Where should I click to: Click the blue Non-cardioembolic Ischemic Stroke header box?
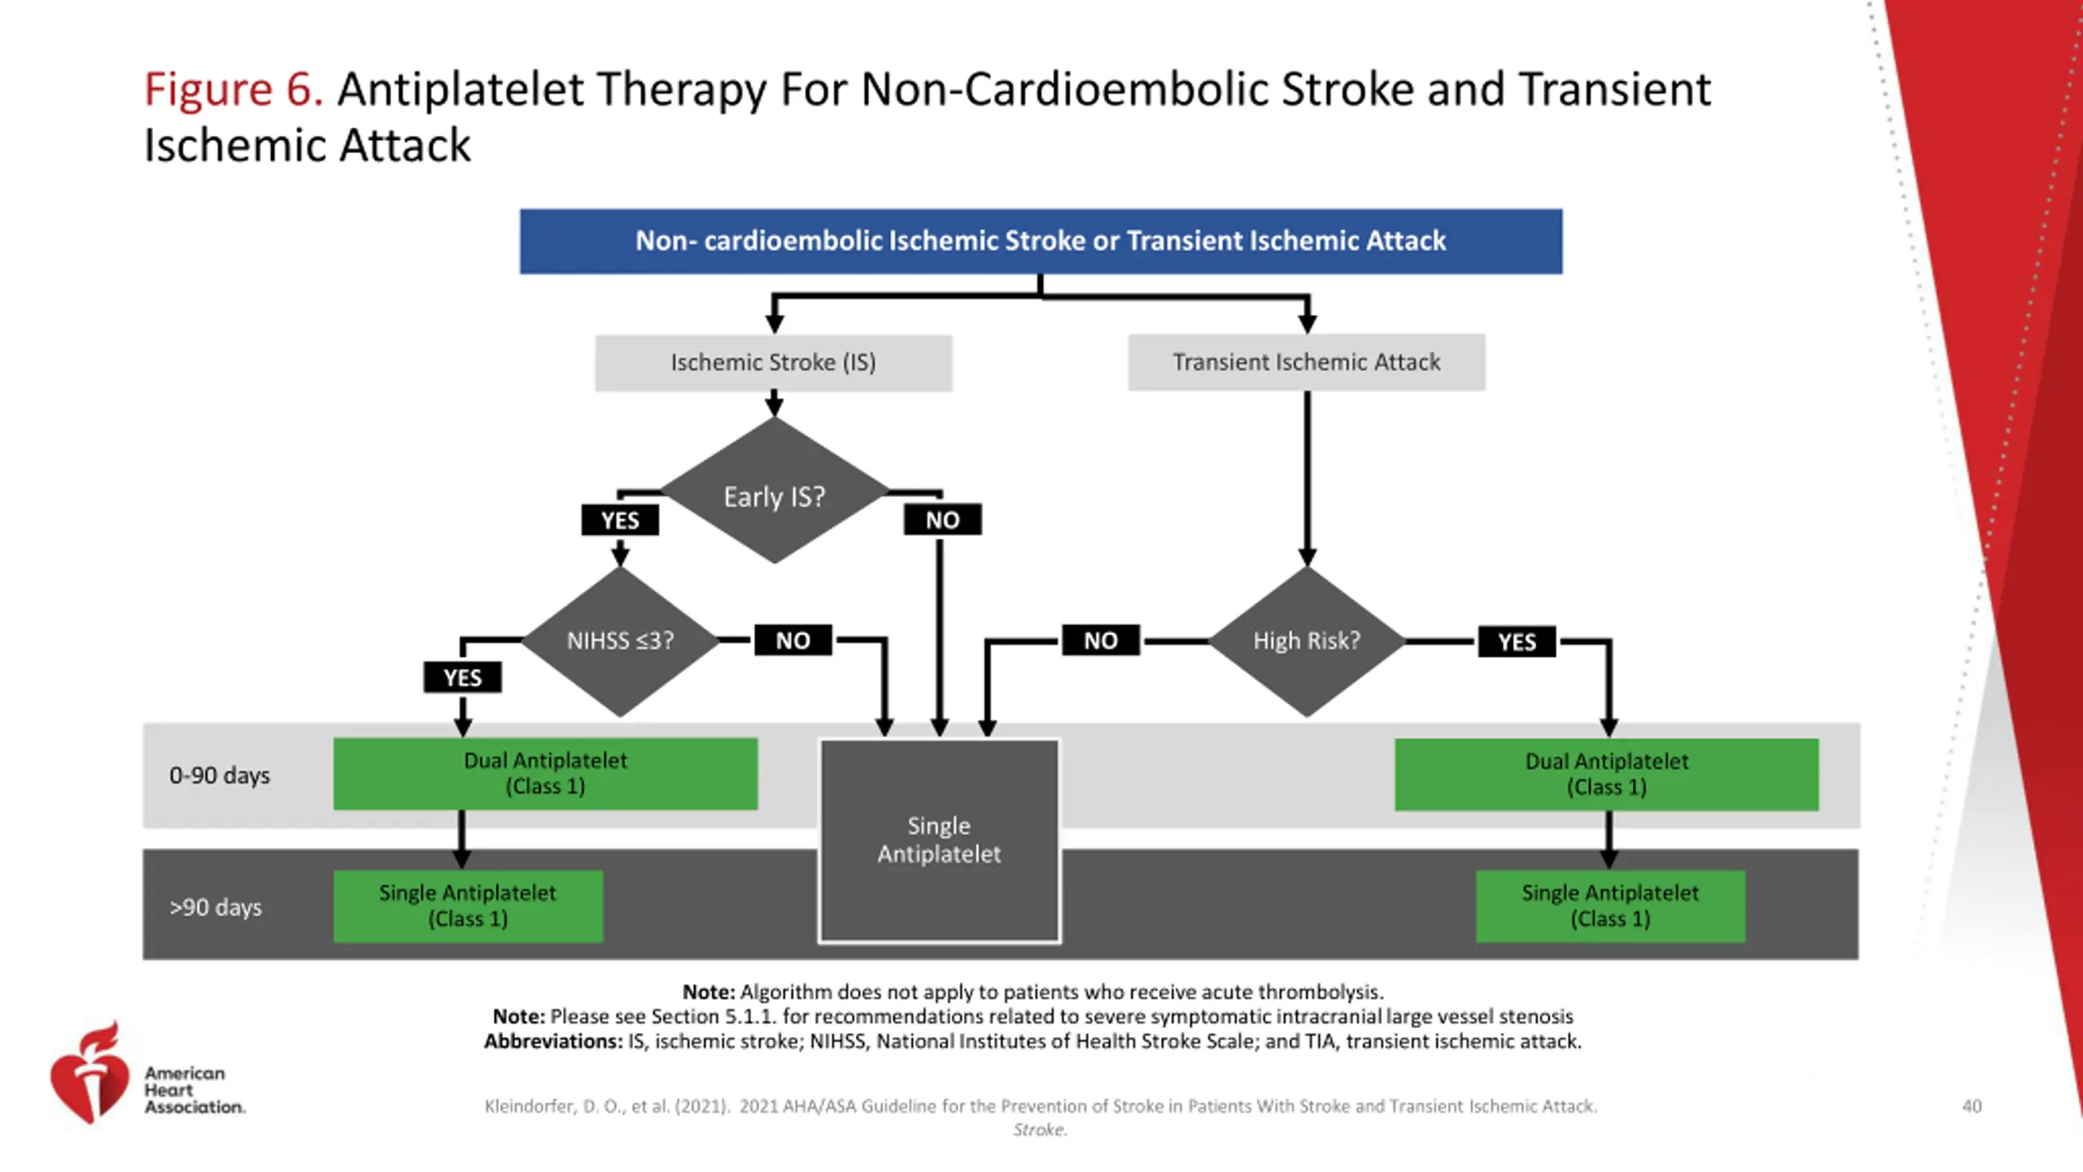click(1041, 241)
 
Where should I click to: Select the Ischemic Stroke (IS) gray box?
click(773, 362)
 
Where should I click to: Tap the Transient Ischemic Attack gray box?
click(1306, 362)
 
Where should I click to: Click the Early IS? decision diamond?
click(775, 491)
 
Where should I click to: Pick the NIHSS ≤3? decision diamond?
click(620, 641)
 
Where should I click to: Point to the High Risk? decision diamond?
click(1307, 641)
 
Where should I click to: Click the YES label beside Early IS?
click(620, 520)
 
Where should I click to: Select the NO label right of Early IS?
click(942, 519)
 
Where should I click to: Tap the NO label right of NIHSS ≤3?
click(793, 641)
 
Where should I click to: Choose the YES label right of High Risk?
click(1517, 641)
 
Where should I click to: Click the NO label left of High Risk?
click(1101, 641)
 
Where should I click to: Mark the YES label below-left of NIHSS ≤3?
click(462, 677)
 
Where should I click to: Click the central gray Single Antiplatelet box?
click(939, 841)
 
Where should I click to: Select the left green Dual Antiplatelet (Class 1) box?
click(545, 774)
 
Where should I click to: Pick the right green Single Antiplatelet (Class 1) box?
click(1610, 907)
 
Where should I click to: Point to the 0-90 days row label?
click(220, 776)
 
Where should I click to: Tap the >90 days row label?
click(216, 907)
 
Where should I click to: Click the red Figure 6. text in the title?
click(234, 89)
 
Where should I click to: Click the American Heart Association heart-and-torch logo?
click(90, 1073)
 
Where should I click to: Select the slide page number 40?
click(1972, 1106)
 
